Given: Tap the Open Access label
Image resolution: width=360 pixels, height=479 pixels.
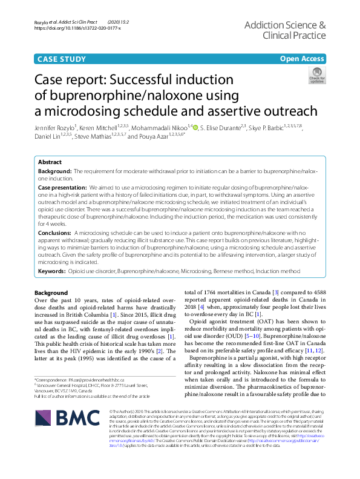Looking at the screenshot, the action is [x=301, y=58].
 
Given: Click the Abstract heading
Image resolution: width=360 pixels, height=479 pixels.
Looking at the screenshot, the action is [x=50, y=163].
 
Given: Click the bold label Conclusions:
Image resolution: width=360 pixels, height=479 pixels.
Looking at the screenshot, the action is [x=54, y=233].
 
